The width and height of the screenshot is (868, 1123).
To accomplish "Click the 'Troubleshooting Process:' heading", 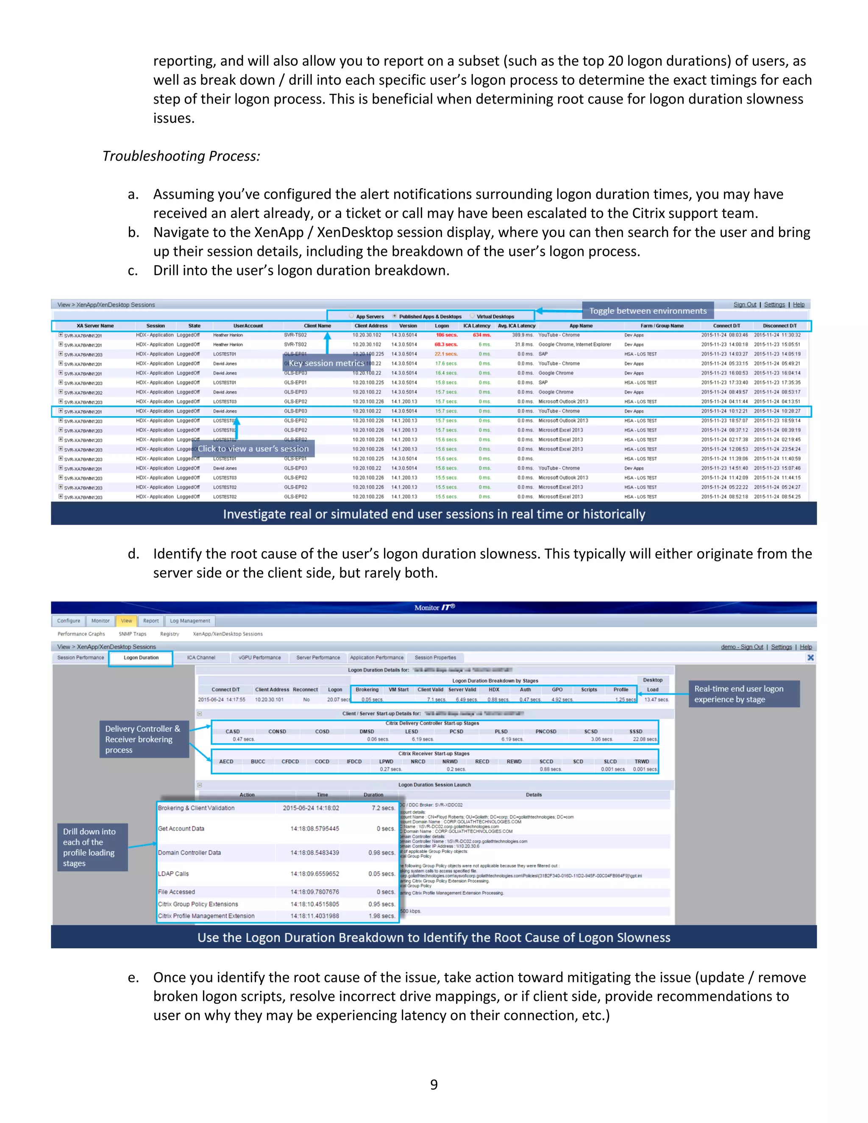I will pyautogui.click(x=181, y=156).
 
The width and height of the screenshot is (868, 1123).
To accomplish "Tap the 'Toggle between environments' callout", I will pyautogui.click(x=648, y=311).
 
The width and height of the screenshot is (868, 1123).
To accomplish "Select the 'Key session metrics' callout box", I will pyautogui.click(x=326, y=363).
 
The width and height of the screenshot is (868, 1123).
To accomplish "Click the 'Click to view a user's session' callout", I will pyautogui.click(x=253, y=448).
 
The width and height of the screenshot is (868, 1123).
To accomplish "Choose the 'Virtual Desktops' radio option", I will pyautogui.click(x=495, y=317).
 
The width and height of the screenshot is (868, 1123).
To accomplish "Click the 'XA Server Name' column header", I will pyautogui.click(x=95, y=325).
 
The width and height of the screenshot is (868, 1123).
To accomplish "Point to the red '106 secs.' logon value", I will pyautogui.click(x=446, y=335).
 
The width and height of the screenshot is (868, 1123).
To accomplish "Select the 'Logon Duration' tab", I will pyautogui.click(x=141, y=658).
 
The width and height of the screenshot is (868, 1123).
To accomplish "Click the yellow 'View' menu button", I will pyautogui.click(x=126, y=621).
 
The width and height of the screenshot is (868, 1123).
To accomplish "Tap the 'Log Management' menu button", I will pyautogui.click(x=190, y=621).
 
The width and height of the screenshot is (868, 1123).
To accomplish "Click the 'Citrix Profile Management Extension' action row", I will pyautogui.click(x=206, y=916).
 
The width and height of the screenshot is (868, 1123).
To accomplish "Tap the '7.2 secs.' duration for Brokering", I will pyautogui.click(x=383, y=808).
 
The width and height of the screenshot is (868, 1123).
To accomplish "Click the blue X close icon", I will pyautogui.click(x=810, y=658).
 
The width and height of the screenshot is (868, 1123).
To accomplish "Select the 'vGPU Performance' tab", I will pyautogui.click(x=260, y=658).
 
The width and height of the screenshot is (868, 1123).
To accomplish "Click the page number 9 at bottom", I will pyautogui.click(x=434, y=1084).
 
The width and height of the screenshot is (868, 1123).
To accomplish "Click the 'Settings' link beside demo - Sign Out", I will pyautogui.click(x=781, y=647).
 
